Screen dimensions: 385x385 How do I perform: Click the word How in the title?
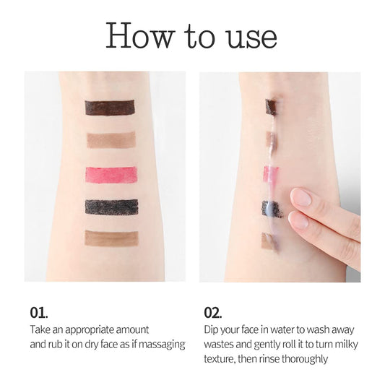point(140,35)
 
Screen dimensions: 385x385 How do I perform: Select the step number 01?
point(39,313)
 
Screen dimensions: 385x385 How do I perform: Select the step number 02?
point(212,313)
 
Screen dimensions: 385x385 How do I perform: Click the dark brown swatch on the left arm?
point(110,108)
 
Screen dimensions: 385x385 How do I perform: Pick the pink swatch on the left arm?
point(111,174)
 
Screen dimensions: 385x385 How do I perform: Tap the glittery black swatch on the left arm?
point(111,207)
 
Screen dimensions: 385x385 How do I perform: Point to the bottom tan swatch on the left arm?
point(111,238)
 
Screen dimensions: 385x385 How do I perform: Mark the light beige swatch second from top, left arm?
point(111,140)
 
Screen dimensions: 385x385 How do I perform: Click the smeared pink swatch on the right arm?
point(271,174)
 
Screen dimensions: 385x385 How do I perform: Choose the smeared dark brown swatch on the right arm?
point(272,108)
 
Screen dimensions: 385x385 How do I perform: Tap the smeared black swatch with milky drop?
point(272,209)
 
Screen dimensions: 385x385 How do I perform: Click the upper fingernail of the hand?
point(301,197)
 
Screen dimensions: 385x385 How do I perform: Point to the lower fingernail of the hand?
point(298,220)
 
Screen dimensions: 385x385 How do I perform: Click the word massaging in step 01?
point(162,345)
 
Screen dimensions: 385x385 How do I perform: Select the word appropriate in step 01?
point(90,330)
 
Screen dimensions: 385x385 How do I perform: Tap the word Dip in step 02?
point(211,330)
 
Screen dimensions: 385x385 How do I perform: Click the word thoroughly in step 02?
point(305,359)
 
